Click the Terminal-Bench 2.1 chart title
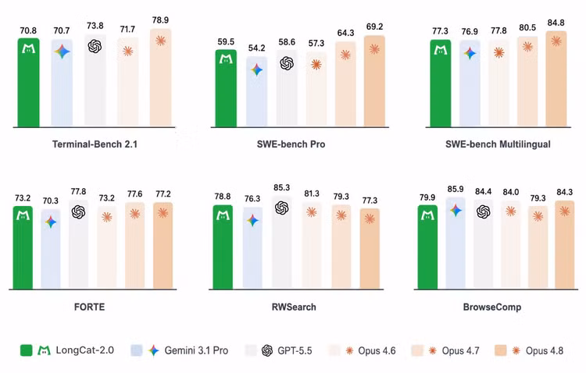pyautogui.click(x=95, y=144)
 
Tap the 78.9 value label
pyautogui.click(x=160, y=20)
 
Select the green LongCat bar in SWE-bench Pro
pyautogui.click(x=226, y=88)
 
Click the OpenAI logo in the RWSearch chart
pyautogui.click(x=282, y=208)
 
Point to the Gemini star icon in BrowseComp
pyautogui.click(x=456, y=211)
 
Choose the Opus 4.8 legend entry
pyautogui.click(x=529, y=350)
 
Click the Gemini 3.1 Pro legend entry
pyautogui.click(x=180, y=350)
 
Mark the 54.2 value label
pyautogui.click(x=256, y=48)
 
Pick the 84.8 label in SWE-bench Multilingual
pyautogui.click(x=556, y=23)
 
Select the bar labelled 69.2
pyautogui.click(x=374, y=81)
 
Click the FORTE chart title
pyautogui.click(x=89, y=307)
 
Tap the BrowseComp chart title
pyautogui.click(x=491, y=307)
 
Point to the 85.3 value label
pyautogui.click(x=281, y=188)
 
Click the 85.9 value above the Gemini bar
pyautogui.click(x=456, y=190)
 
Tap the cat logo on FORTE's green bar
pyautogui.click(x=23, y=215)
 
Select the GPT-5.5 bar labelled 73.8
pyautogui.click(x=95, y=80)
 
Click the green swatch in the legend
pyautogui.click(x=26, y=350)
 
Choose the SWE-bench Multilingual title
pyautogui.click(x=498, y=144)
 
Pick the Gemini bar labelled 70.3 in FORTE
pyautogui.click(x=51, y=249)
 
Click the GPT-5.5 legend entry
pyautogui.click(x=278, y=350)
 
